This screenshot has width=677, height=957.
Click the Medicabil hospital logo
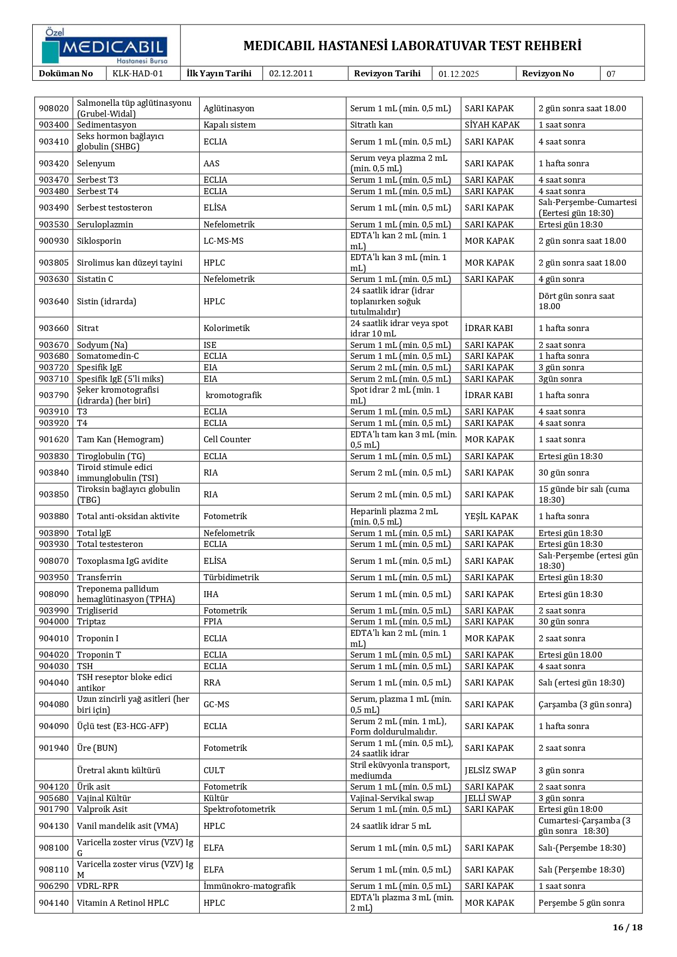coord(105,46)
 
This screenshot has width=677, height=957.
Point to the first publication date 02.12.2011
coord(291,74)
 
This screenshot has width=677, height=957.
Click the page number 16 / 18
coord(627,927)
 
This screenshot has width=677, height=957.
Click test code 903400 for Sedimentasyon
coord(53,125)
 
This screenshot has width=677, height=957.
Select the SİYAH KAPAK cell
coord(492,125)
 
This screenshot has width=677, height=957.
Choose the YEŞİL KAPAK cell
coord(491,516)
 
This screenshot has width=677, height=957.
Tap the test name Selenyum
coord(96,164)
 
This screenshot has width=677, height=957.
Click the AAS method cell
coord(212,164)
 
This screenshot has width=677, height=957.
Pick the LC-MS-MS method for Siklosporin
coord(223,241)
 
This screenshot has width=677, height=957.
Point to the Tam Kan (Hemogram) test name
coord(120,440)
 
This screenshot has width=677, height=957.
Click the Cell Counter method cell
coord(227,440)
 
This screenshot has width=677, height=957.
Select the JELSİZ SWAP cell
coord(490,771)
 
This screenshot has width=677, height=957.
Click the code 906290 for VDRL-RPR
coord(53,886)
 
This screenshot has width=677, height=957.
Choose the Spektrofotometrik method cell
coord(239,809)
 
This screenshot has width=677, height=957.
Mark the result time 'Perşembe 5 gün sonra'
coord(581,903)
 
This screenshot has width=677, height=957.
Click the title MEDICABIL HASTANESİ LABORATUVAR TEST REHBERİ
coord(412,46)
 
